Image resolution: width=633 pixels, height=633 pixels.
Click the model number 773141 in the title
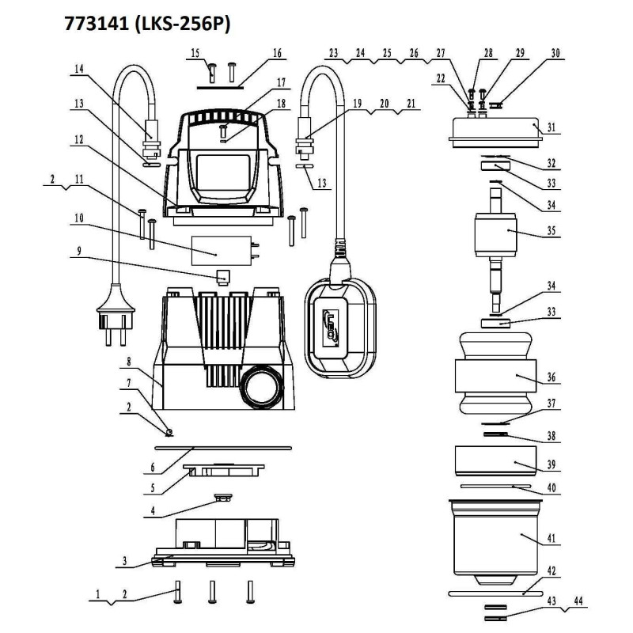coord(97,24)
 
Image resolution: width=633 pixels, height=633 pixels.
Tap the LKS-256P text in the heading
coord(182,24)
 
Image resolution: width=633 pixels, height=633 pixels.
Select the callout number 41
coord(551,538)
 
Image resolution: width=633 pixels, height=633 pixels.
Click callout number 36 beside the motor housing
coord(551,377)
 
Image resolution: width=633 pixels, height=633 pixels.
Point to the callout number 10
coord(79,218)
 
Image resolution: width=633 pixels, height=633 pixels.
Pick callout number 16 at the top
coord(277,53)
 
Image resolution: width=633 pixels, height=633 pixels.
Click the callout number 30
coord(555,53)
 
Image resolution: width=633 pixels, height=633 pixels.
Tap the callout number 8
coord(129,361)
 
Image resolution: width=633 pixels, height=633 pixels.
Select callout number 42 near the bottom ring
coord(551,570)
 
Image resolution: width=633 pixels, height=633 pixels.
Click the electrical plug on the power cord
coord(116,314)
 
